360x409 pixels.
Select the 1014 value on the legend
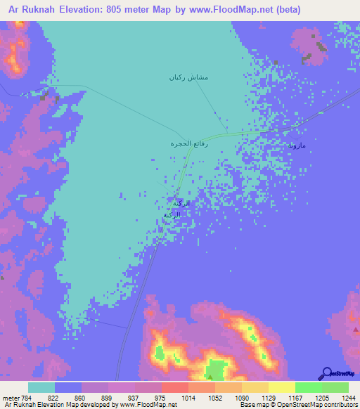click(x=188, y=397)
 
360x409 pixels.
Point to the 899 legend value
click(x=108, y=397)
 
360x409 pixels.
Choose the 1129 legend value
click(x=269, y=397)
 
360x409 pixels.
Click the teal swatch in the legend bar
click(x=41, y=387)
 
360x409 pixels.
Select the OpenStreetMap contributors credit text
click(x=316, y=405)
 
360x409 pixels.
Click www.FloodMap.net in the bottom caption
click(x=148, y=405)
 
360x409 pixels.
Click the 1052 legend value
click(x=215, y=397)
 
